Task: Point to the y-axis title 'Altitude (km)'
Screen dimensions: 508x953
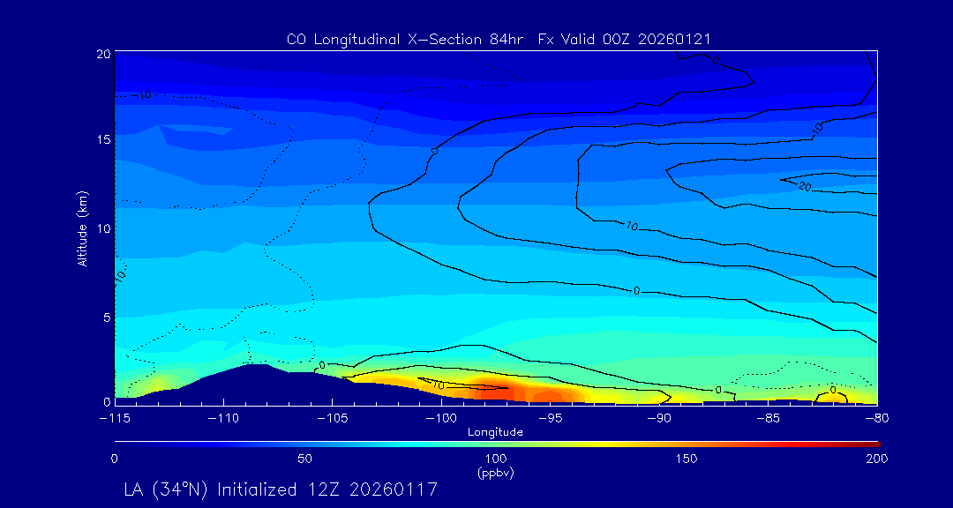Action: (x=82, y=228)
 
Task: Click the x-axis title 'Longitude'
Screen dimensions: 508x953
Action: (x=495, y=432)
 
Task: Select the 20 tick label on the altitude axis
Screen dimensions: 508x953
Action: (x=102, y=54)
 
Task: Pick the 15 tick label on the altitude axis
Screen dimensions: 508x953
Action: (x=102, y=139)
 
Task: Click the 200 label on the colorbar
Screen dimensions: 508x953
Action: (x=877, y=459)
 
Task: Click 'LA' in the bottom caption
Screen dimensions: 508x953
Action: (x=135, y=489)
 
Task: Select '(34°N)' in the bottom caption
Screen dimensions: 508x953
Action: (x=182, y=489)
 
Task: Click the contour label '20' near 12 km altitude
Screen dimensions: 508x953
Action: (x=804, y=186)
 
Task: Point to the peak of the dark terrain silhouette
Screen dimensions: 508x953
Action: (x=256, y=364)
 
